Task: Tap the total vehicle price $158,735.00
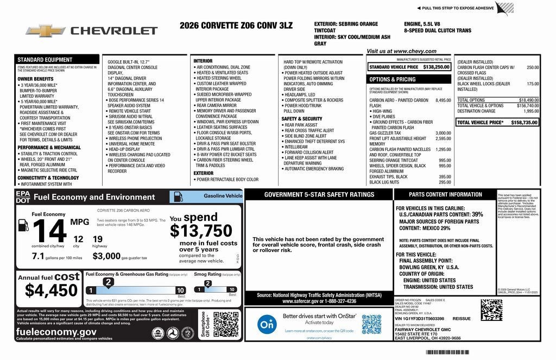(x=524, y=123)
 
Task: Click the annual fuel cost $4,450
(x=51, y=290)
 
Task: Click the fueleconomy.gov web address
(x=56, y=332)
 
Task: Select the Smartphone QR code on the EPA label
(x=226, y=325)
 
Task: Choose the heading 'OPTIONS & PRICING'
(x=392, y=79)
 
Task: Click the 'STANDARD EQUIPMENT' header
(x=45, y=59)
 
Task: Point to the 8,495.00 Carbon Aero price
(x=443, y=100)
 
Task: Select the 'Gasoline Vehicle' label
(x=223, y=195)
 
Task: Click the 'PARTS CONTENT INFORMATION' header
(x=438, y=194)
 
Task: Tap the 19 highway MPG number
(x=98, y=238)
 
